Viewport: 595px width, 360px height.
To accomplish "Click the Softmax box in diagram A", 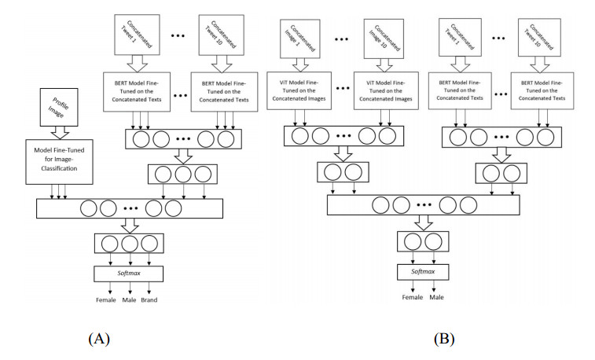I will pyautogui.click(x=129, y=274).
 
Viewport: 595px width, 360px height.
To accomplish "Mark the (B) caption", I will pyautogui.click(x=443, y=339).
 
